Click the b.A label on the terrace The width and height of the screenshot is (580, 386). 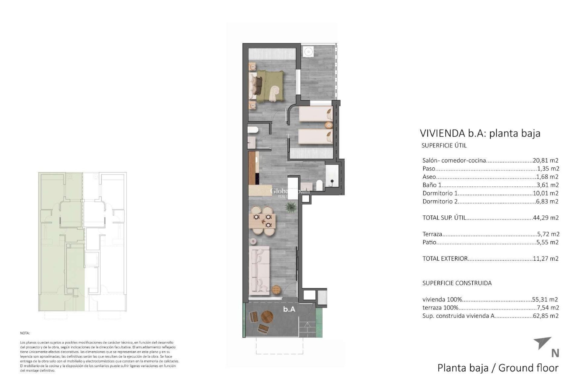point(289,309)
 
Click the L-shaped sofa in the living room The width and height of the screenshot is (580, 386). point(260,270)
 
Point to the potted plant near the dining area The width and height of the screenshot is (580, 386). point(291,207)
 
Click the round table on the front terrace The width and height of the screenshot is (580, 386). point(267,317)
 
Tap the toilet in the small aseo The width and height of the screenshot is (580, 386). point(253,130)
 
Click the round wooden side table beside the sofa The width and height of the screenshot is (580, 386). point(277,290)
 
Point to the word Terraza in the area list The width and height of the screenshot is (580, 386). point(432,234)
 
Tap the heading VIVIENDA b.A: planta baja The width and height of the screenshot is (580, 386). point(480,133)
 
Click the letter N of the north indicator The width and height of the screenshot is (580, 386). point(555,353)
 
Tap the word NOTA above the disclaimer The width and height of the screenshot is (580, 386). point(25,333)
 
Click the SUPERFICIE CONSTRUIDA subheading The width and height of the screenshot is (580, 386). point(457,283)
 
